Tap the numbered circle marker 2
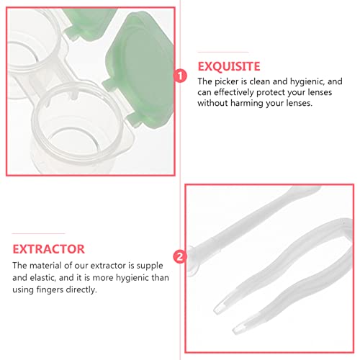point(179,256)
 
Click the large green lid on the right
point(142,66)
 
